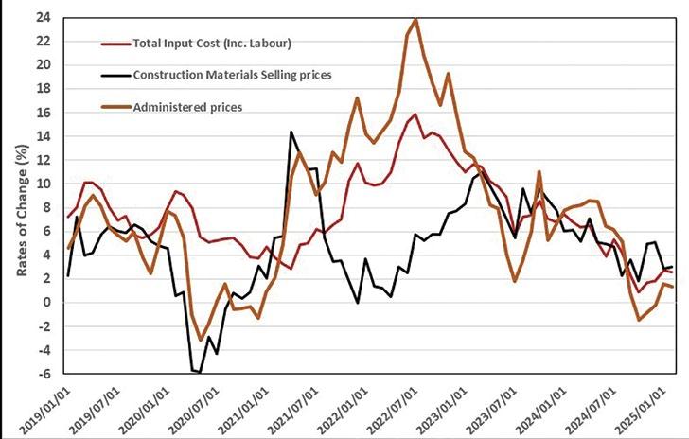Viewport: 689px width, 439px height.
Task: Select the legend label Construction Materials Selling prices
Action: coord(231,75)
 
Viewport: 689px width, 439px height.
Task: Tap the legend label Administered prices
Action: coord(188,107)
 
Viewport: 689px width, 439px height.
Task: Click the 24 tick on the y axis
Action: coord(44,17)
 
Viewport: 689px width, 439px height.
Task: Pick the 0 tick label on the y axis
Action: coord(48,302)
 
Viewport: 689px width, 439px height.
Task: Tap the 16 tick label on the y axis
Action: coord(44,112)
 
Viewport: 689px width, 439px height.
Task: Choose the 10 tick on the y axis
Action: coord(44,184)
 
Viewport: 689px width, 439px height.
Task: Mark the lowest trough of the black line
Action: coord(200,373)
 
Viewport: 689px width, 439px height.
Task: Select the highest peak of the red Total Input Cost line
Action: coord(415,114)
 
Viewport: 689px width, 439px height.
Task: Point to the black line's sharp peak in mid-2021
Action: coord(291,132)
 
